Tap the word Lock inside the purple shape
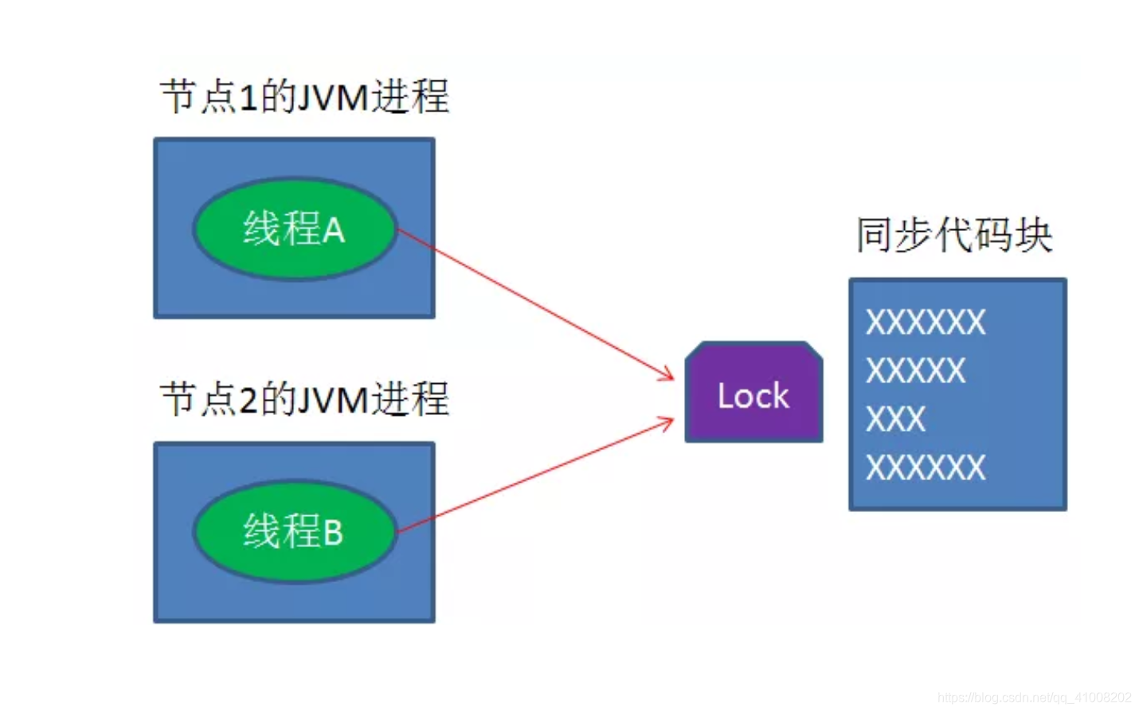753,396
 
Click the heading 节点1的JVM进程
304,97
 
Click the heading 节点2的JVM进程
304,399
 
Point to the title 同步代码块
953,235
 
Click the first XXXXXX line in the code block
925,323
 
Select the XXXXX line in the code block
915,371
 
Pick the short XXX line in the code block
895,419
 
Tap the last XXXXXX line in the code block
925,467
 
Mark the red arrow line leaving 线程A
534,303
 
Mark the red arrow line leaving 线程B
534,476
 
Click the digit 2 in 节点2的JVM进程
248,400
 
